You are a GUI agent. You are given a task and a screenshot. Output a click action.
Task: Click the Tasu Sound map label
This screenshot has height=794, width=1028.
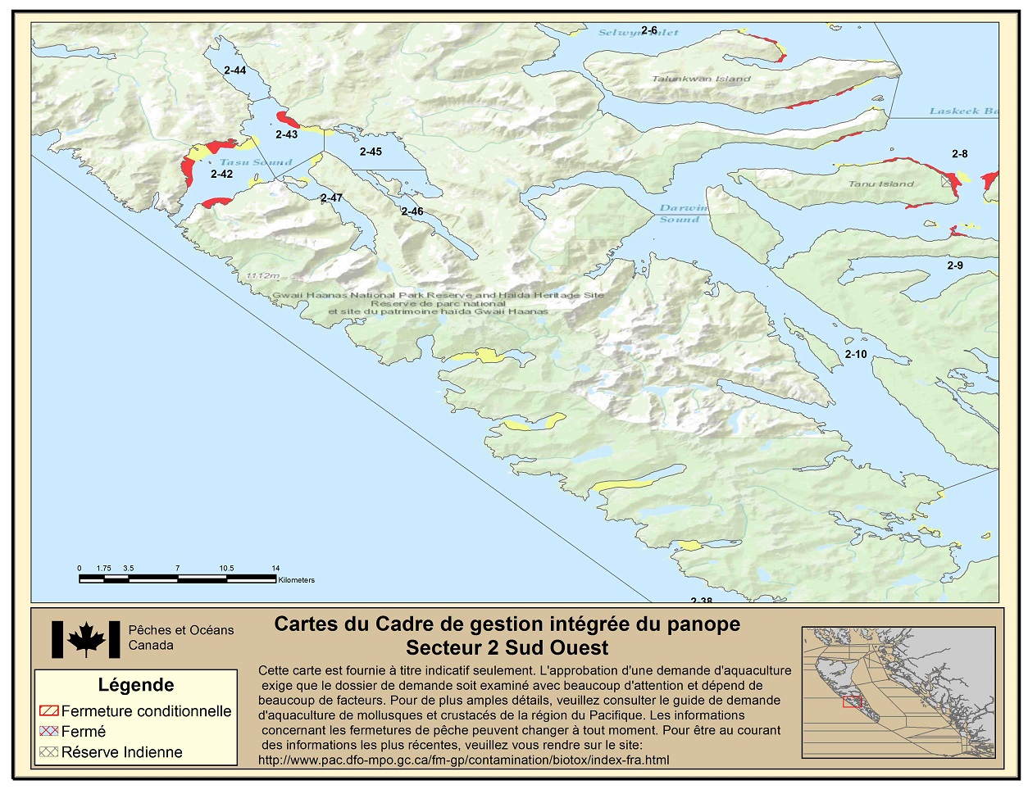point(256,162)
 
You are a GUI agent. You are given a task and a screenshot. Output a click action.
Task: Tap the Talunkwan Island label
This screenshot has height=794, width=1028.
point(701,79)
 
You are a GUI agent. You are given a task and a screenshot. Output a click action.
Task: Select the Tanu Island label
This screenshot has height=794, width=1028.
point(880,184)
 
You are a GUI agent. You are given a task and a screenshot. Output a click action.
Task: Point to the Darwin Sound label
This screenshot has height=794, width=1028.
point(680,214)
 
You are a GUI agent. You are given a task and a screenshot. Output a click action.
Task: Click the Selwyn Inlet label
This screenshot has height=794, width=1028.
point(638,33)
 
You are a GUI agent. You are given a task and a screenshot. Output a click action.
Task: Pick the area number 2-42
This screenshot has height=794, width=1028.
point(221,175)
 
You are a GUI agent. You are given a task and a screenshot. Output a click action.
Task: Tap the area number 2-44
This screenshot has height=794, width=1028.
point(234,70)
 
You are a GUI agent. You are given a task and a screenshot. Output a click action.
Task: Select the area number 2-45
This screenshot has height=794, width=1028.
point(371,152)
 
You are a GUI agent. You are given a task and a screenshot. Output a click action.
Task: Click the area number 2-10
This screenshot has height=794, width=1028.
point(855,354)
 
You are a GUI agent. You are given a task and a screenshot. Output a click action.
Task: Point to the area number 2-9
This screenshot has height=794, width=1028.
point(955,265)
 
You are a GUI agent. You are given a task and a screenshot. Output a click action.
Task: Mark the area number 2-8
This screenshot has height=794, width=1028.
point(959,154)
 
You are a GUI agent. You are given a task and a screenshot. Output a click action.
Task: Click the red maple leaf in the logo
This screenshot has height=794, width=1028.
point(86,639)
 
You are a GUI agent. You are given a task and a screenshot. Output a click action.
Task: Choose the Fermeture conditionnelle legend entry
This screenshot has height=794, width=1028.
point(136,711)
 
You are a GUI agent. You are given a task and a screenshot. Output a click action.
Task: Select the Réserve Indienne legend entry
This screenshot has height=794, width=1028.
point(111,752)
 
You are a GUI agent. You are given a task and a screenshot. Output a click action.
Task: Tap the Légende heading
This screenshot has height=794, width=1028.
point(136,685)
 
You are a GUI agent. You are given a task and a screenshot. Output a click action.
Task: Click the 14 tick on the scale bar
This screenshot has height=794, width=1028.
point(276,568)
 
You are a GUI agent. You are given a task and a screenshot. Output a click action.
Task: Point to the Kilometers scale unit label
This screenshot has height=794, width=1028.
point(296,580)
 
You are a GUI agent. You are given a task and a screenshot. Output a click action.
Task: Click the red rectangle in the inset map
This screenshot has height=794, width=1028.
point(853,701)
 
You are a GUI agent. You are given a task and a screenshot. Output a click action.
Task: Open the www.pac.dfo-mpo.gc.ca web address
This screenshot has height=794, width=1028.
point(463,760)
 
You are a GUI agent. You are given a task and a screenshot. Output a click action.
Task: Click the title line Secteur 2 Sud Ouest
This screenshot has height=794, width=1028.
point(507,648)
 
